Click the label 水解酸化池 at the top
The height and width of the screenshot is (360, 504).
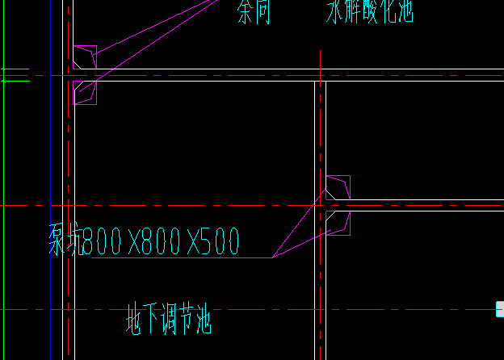369,11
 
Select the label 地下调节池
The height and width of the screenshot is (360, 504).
168,319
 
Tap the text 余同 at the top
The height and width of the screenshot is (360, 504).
254,11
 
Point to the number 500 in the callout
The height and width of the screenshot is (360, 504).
220,241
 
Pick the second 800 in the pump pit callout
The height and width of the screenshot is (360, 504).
162,241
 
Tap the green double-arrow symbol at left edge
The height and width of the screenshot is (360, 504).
14,76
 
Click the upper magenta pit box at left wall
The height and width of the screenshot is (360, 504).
84,57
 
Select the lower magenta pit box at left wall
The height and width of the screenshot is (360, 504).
84,93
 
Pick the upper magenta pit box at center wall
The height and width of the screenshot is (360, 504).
338,186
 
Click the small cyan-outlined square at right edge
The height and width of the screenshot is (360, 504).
500,308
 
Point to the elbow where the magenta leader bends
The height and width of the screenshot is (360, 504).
272,257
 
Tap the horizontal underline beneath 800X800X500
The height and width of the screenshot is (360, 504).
178,258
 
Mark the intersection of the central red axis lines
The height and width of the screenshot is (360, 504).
321,205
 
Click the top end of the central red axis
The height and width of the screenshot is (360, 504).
321,52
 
